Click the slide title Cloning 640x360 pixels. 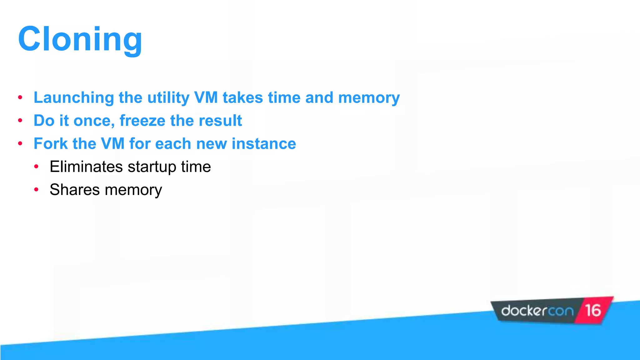pyautogui.click(x=80, y=39)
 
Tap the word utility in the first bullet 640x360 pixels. pyautogui.click(x=168, y=97)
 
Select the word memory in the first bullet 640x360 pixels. pyautogui.click(x=369, y=97)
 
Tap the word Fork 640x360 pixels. pyautogui.click(x=50, y=144)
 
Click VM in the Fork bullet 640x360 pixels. pyautogui.click(x=112, y=144)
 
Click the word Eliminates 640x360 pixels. pyautogui.click(x=86, y=167)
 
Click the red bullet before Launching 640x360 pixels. pyautogui.click(x=20, y=97)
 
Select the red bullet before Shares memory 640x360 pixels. pyautogui.click(x=36, y=190)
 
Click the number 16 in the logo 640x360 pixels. pyautogui.click(x=593, y=311)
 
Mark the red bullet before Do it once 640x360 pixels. pyautogui.click(x=20, y=121)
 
